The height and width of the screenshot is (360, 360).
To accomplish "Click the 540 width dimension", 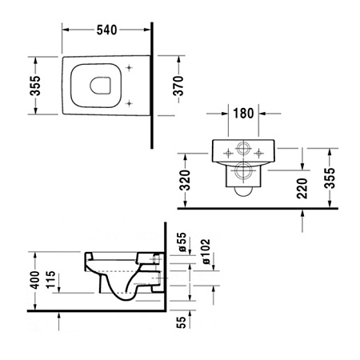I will click(106, 30).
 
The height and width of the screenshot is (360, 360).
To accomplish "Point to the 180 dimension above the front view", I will click(244, 113).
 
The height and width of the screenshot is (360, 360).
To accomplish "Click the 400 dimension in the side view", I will click(34, 282).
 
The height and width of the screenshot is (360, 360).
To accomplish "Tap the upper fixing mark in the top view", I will click(130, 67).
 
